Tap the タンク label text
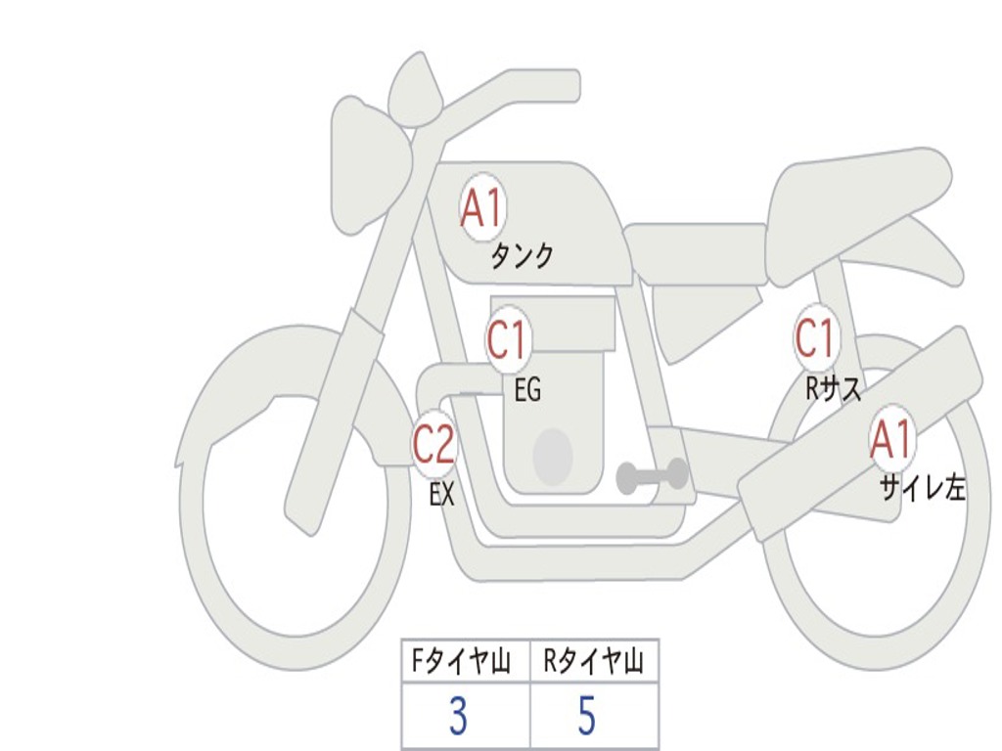(x=522, y=256)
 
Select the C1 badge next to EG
(x=507, y=341)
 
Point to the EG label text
(x=526, y=390)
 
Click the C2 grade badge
(x=433, y=445)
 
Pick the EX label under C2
(x=441, y=495)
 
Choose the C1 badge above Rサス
(x=814, y=337)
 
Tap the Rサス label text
(x=834, y=389)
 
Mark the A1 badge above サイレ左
(x=891, y=440)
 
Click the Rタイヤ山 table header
(x=594, y=663)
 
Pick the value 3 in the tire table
(x=458, y=717)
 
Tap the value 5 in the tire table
(x=587, y=717)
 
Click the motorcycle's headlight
(x=367, y=166)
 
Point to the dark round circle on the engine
(x=552, y=457)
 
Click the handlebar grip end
(x=563, y=86)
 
